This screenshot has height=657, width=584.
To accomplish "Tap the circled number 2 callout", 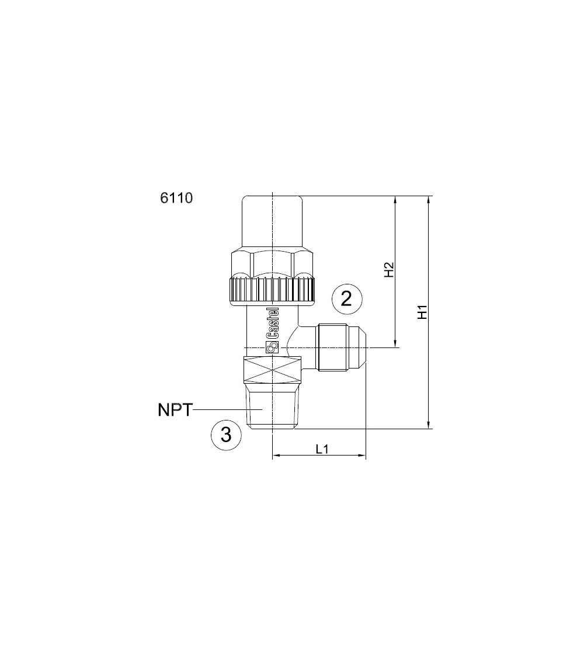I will point(346,299).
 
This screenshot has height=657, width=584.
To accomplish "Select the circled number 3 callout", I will point(225,435).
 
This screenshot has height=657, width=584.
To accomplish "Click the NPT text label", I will point(175,410).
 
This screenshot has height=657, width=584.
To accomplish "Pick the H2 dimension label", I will point(389,270).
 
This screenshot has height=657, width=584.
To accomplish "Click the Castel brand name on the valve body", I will point(273,324).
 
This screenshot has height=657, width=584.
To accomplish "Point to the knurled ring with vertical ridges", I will point(273,290).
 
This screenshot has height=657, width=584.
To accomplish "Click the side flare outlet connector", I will point(339,347).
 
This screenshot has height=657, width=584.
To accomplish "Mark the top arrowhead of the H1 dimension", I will point(430,200).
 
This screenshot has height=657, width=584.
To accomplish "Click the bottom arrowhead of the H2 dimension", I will point(396,344).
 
